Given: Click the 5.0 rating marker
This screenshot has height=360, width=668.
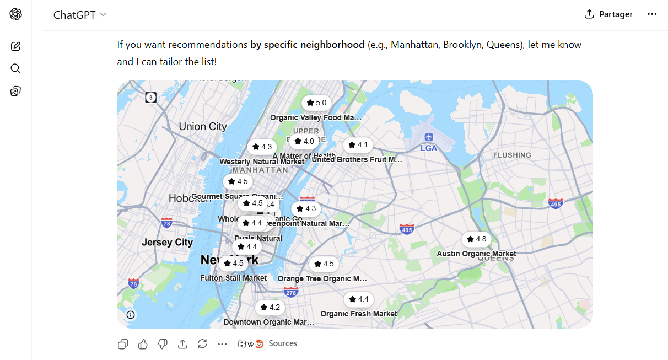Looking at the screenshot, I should click(x=316, y=103).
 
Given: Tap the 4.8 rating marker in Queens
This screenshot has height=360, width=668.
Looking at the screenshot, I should click(x=476, y=239).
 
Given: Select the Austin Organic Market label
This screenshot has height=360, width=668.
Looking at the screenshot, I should click(x=476, y=254).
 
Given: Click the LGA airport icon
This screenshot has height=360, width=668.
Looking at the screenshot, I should click(x=429, y=137).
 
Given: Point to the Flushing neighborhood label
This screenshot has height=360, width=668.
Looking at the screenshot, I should click(x=512, y=155).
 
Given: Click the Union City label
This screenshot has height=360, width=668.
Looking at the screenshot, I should click(x=203, y=127).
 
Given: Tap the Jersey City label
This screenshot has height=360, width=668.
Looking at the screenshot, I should click(x=168, y=243).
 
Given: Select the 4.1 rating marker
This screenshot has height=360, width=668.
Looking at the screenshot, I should click(x=358, y=145).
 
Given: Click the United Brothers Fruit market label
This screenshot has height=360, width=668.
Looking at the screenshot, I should click(x=357, y=160).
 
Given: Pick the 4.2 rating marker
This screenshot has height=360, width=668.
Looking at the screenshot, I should click(x=270, y=308).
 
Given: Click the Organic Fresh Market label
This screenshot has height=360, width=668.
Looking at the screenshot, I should click(x=358, y=314).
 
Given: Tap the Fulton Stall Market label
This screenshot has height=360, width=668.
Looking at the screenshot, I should click(x=233, y=278).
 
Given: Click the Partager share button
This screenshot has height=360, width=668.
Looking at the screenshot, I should click(x=608, y=14).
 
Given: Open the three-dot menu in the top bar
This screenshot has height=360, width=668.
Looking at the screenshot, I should click(x=652, y=14).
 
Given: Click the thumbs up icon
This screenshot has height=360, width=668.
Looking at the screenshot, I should click(x=143, y=344).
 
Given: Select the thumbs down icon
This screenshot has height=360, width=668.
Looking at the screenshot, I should click(x=163, y=344).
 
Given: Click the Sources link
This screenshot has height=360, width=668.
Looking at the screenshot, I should click(x=283, y=343).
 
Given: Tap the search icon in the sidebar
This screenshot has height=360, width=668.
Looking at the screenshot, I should click(x=15, y=68).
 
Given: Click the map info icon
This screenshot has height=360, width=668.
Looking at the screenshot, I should click(x=131, y=315).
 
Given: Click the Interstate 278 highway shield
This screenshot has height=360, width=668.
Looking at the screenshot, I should click(x=291, y=292).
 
